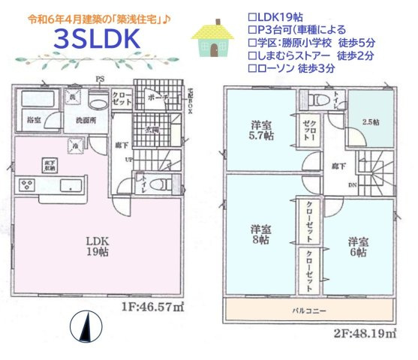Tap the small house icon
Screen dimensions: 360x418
(x=213, y=39)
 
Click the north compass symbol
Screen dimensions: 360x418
(x=84, y=326)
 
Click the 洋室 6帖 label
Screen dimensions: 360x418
(x=357, y=247)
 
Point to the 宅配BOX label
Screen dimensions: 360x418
(x=191, y=99)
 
